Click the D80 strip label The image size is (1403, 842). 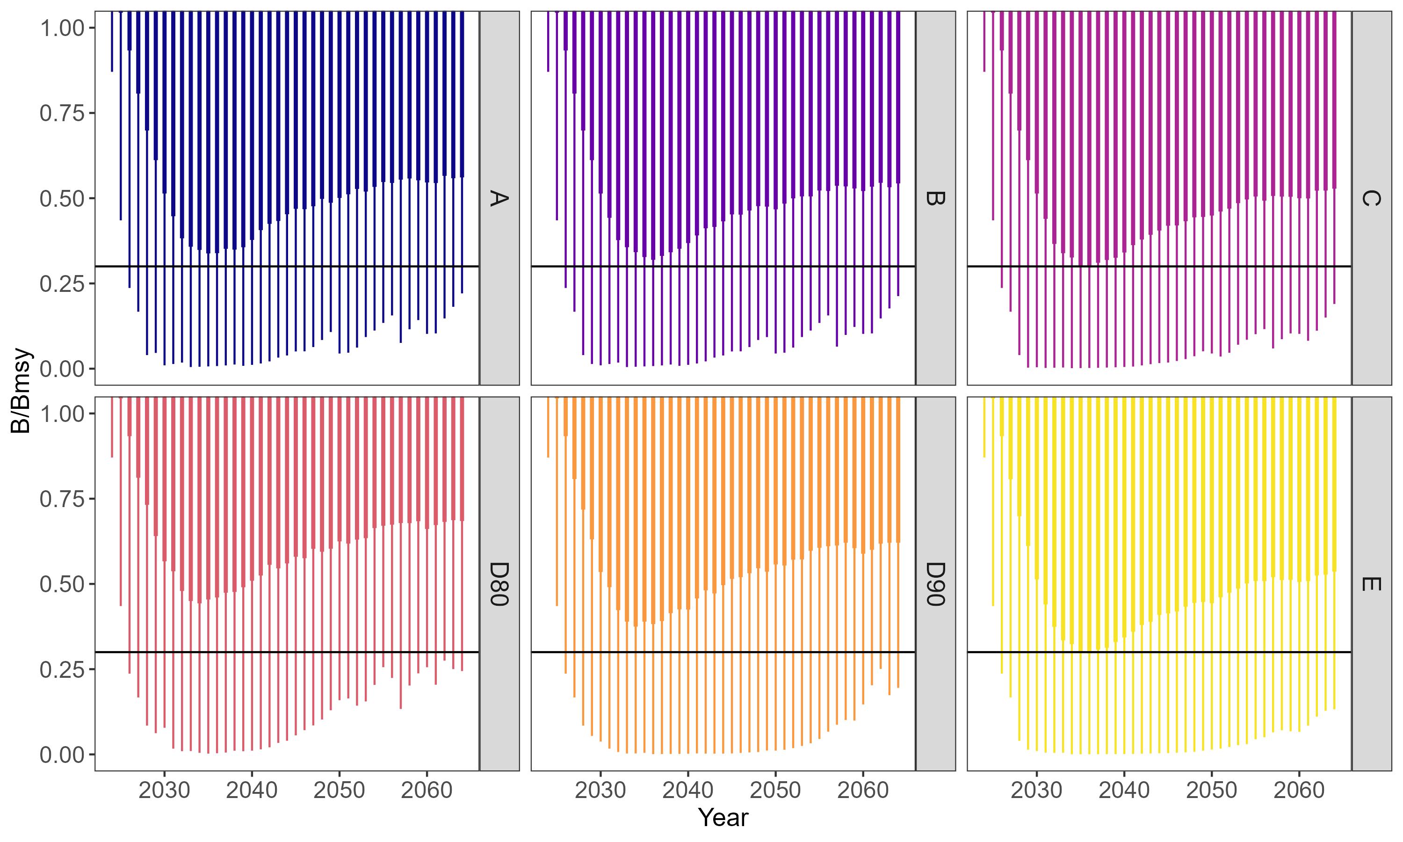pyautogui.click(x=499, y=584)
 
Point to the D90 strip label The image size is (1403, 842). pyautogui.click(x=934, y=584)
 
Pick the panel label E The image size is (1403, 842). pyautogui.click(x=1371, y=584)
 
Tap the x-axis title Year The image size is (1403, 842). pyautogui.click(x=723, y=818)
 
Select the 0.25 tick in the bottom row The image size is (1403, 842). pyautogui.click(x=62, y=669)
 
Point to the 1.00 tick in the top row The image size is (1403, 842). pyautogui.click(x=62, y=28)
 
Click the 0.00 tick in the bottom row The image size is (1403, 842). pyautogui.click(x=62, y=755)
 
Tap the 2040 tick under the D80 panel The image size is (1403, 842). pyautogui.click(x=252, y=790)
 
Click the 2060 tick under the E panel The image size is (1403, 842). pyautogui.click(x=1299, y=790)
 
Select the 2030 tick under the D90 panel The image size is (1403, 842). pyautogui.click(x=600, y=790)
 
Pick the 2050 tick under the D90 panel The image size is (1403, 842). pyautogui.click(x=775, y=790)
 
